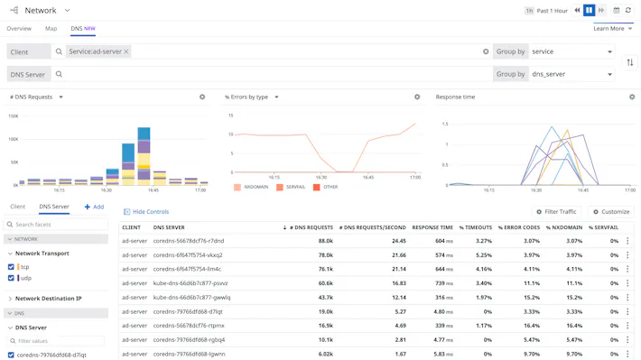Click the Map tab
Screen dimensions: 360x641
click(x=51, y=29)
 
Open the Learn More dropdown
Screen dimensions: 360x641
click(x=612, y=29)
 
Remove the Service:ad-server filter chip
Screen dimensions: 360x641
click(x=126, y=51)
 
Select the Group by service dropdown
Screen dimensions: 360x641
click(x=571, y=51)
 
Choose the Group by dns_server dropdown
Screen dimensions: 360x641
click(x=571, y=74)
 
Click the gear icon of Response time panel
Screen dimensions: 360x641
click(x=631, y=97)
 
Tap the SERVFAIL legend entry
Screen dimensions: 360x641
click(x=292, y=187)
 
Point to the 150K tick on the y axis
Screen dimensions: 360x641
click(x=13, y=116)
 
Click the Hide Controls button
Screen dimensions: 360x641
click(x=146, y=212)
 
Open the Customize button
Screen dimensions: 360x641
click(x=611, y=212)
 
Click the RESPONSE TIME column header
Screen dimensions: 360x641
click(x=432, y=227)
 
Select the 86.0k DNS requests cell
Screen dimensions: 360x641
click(x=321, y=241)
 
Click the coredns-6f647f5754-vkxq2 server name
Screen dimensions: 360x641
click(x=188, y=255)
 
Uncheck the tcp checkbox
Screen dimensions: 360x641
click(x=11, y=267)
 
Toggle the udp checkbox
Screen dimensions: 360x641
click(x=11, y=278)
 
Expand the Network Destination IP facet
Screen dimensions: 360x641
click(x=48, y=299)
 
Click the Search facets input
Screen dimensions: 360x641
click(x=59, y=225)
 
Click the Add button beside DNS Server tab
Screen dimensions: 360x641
click(x=94, y=207)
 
